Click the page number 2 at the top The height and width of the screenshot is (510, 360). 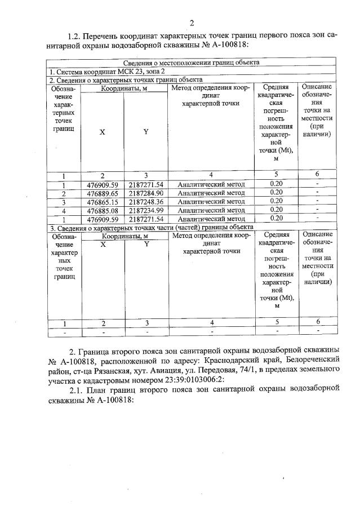[x=191, y=23]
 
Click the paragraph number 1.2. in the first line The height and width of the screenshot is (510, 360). [x=75, y=35]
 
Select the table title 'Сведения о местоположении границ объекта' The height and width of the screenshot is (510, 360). [x=191, y=63]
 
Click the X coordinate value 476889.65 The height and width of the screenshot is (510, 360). [x=102, y=193]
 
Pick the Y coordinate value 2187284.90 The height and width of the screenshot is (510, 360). [x=145, y=193]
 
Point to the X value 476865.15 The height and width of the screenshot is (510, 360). [x=102, y=201]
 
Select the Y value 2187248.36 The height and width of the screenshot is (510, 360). [x=145, y=201]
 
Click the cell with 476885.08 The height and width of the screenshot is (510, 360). [x=102, y=210]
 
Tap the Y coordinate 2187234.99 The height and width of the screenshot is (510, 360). [x=145, y=210]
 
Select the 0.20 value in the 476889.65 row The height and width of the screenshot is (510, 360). [x=276, y=193]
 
